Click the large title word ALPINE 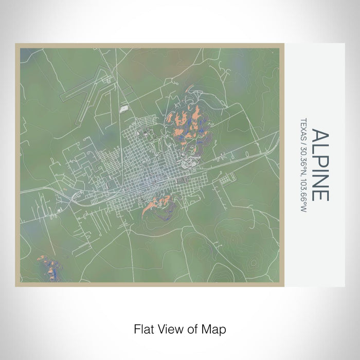pos(320,165)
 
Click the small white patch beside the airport pos(123,109)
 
